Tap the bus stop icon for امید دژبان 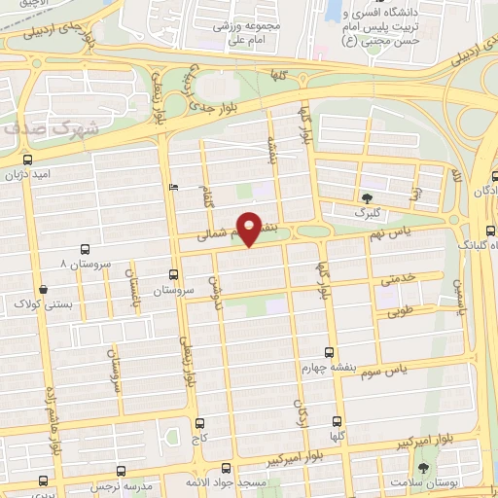coord(26,159)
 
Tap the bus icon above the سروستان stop coord(173,274)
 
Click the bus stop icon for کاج coord(200,423)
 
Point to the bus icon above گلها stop coord(338,423)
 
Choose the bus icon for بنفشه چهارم coord(329,352)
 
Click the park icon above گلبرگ coord(367,196)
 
